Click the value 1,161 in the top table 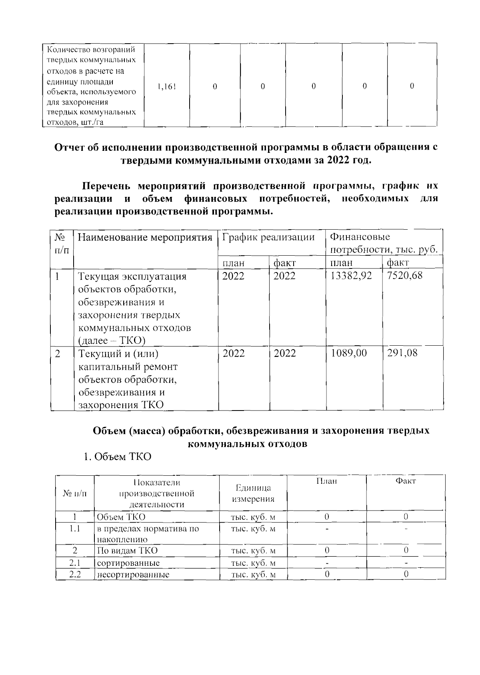pyautogui.click(x=166, y=86)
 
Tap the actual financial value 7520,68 pyautogui.click(x=405, y=276)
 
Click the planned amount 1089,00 pyautogui.click(x=349, y=353)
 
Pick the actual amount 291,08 pyautogui.click(x=402, y=353)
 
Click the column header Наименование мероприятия pyautogui.click(x=144, y=238)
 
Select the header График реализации pyautogui.click(x=268, y=237)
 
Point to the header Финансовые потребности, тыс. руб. pyautogui.click(x=384, y=244)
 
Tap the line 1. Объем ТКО pyautogui.click(x=117, y=457)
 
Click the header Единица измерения pyautogui.click(x=253, y=493)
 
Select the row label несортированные pyautogui.click(x=133, y=575)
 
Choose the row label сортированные pyautogui.click(x=128, y=563)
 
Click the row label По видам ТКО pyautogui.click(x=127, y=551)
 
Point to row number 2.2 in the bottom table pyautogui.click(x=75, y=575)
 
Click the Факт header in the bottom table pyautogui.click(x=406, y=481)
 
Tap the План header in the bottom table pyautogui.click(x=326, y=481)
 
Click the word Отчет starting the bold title pyautogui.click(x=70, y=147)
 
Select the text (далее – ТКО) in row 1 pyautogui.click(x=112, y=341)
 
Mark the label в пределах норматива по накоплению pyautogui.click(x=148, y=534)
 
